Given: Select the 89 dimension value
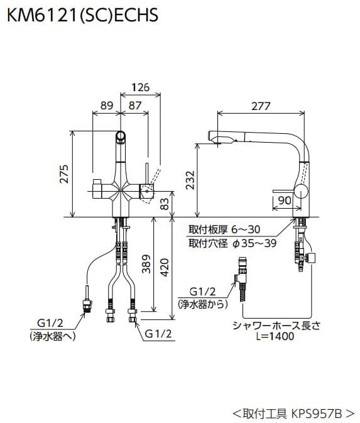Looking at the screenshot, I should click(x=106, y=106).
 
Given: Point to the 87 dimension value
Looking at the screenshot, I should click(x=134, y=106).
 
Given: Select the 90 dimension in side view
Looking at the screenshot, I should click(x=284, y=201).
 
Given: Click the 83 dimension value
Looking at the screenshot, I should click(x=165, y=203).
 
